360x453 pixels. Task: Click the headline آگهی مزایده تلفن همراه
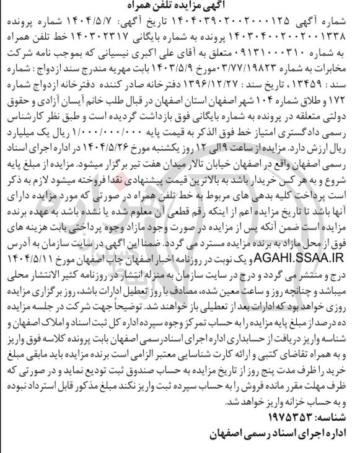pyautogui.click(x=180, y=6)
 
